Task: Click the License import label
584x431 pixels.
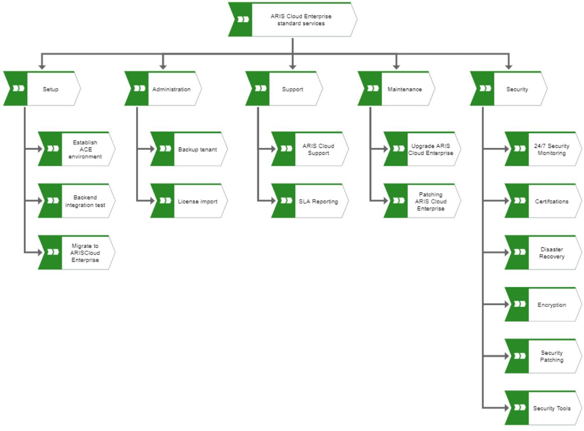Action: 197,201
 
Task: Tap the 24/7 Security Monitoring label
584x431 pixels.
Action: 552,149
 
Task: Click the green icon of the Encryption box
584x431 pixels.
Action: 519,305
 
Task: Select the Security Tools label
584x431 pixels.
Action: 552,408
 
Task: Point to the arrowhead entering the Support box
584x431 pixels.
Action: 293,67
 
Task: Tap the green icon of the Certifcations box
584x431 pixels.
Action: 519,201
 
